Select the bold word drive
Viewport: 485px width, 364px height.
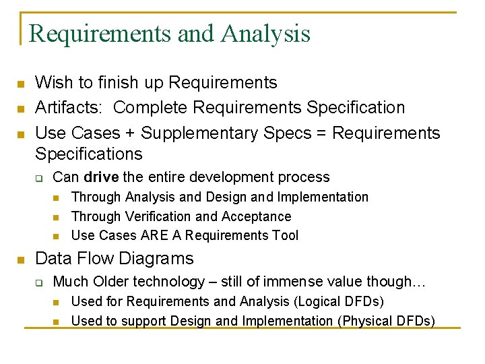click(101, 177)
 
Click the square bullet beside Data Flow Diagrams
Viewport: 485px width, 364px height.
click(21, 260)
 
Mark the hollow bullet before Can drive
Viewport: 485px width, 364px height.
click(39, 179)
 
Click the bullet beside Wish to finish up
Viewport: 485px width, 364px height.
click(21, 84)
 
